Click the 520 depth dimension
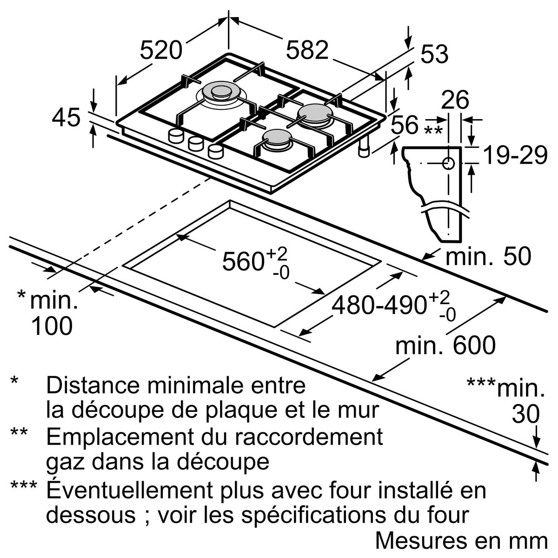(x=161, y=50)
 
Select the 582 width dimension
(x=307, y=50)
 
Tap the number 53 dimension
(x=434, y=54)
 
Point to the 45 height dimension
(x=66, y=118)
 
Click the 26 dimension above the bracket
(x=455, y=100)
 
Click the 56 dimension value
(x=405, y=126)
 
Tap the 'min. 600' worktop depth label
(x=445, y=345)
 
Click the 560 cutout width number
(x=243, y=261)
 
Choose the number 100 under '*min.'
(x=52, y=326)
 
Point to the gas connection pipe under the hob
(x=364, y=147)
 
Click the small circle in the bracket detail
(x=448, y=164)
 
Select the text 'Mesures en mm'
(x=461, y=540)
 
